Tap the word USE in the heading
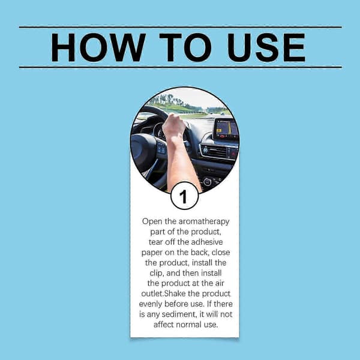(x=266, y=47)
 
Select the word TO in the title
(x=185, y=47)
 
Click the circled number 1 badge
(x=184, y=196)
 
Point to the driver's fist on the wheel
(x=174, y=125)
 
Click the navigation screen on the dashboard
(x=227, y=129)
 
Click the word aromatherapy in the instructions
(x=204, y=222)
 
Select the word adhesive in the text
(x=207, y=242)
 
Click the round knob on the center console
(x=207, y=182)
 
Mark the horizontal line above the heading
(x=181, y=27)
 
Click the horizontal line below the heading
(x=181, y=67)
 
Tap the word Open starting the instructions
(x=152, y=222)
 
